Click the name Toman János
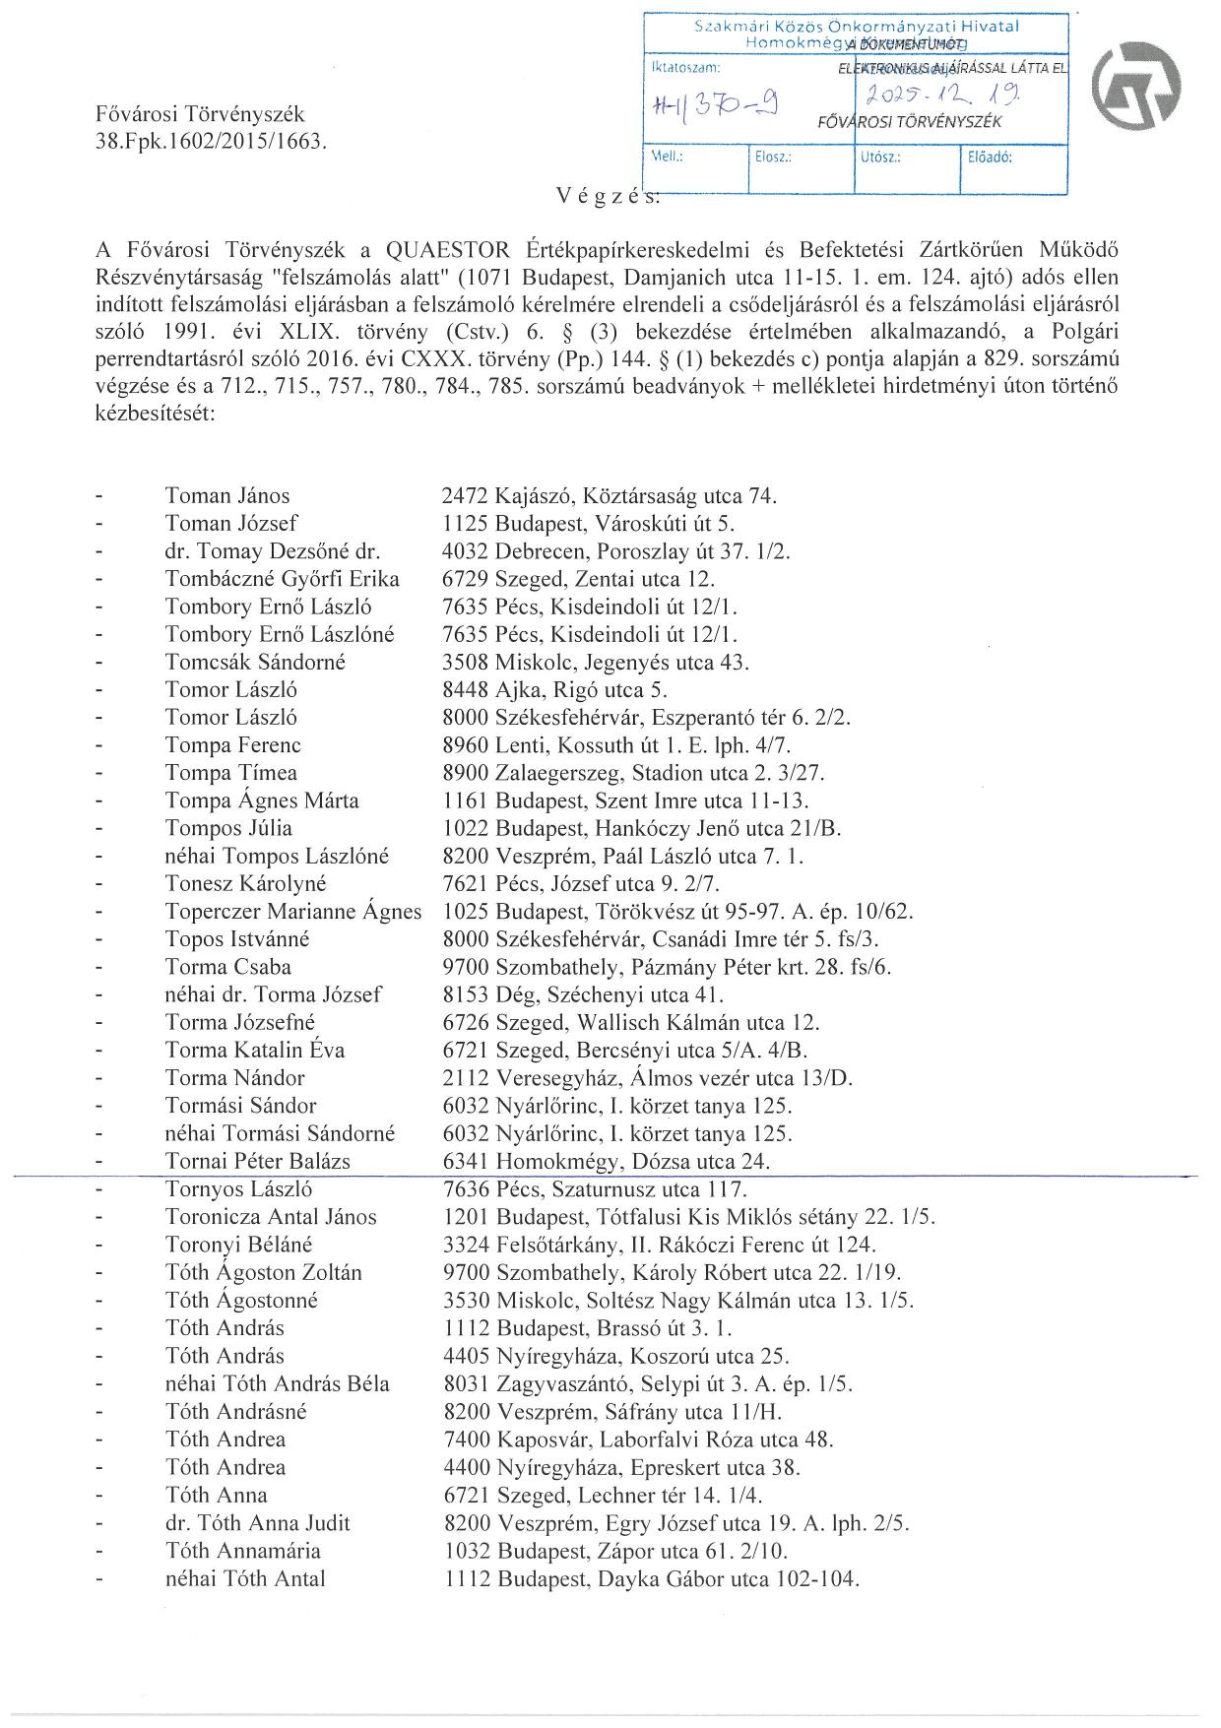coord(227,496)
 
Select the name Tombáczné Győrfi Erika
coord(283,579)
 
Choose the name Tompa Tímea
coord(231,773)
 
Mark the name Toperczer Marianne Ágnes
coord(293,912)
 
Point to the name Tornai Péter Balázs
coord(258,1161)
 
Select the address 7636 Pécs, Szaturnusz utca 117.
coord(596,1188)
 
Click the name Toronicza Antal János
coord(271,1217)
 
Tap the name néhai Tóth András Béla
coord(277,1383)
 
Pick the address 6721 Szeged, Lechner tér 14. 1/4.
coord(604,1495)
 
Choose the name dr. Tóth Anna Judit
coord(258,1523)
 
